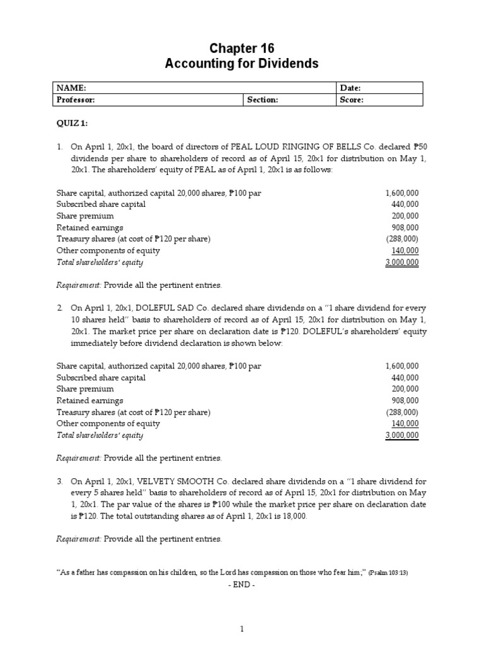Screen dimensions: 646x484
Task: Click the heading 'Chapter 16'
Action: point(242,49)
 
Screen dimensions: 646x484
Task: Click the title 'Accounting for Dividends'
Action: point(242,64)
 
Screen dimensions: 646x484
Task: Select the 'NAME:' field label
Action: point(71,88)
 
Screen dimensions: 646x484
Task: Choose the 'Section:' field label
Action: point(263,100)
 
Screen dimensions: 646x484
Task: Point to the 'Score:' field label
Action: point(352,100)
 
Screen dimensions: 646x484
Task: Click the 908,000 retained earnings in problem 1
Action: point(405,228)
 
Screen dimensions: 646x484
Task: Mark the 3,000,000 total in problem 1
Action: point(402,262)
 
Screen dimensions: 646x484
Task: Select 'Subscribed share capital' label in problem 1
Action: point(101,204)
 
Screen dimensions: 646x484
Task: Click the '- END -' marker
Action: point(241,584)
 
